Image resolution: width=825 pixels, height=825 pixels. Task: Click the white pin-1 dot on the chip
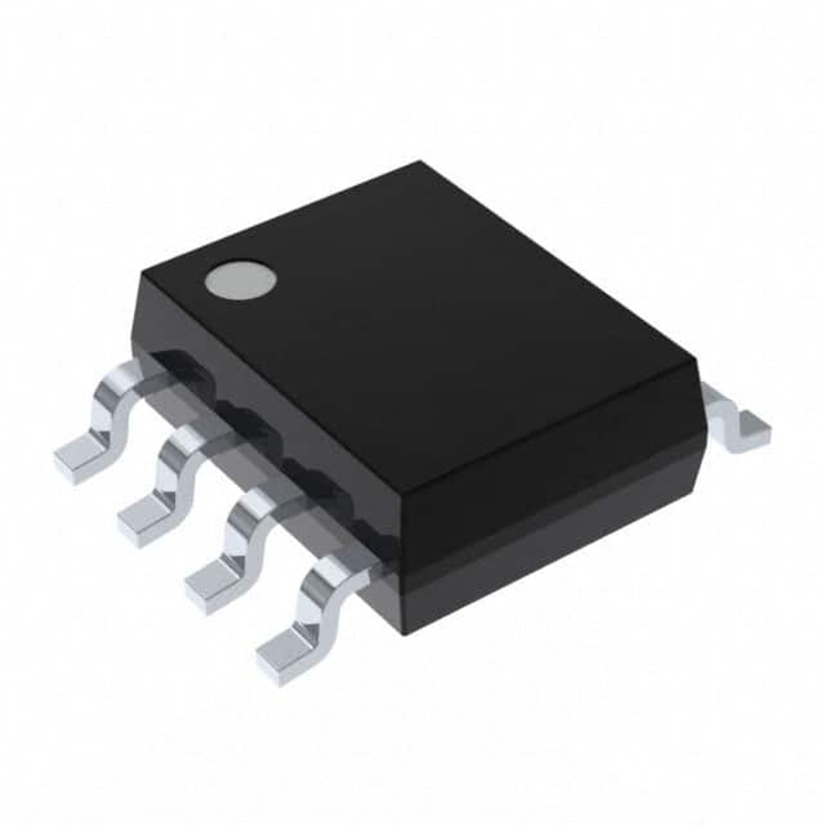tap(241, 280)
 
